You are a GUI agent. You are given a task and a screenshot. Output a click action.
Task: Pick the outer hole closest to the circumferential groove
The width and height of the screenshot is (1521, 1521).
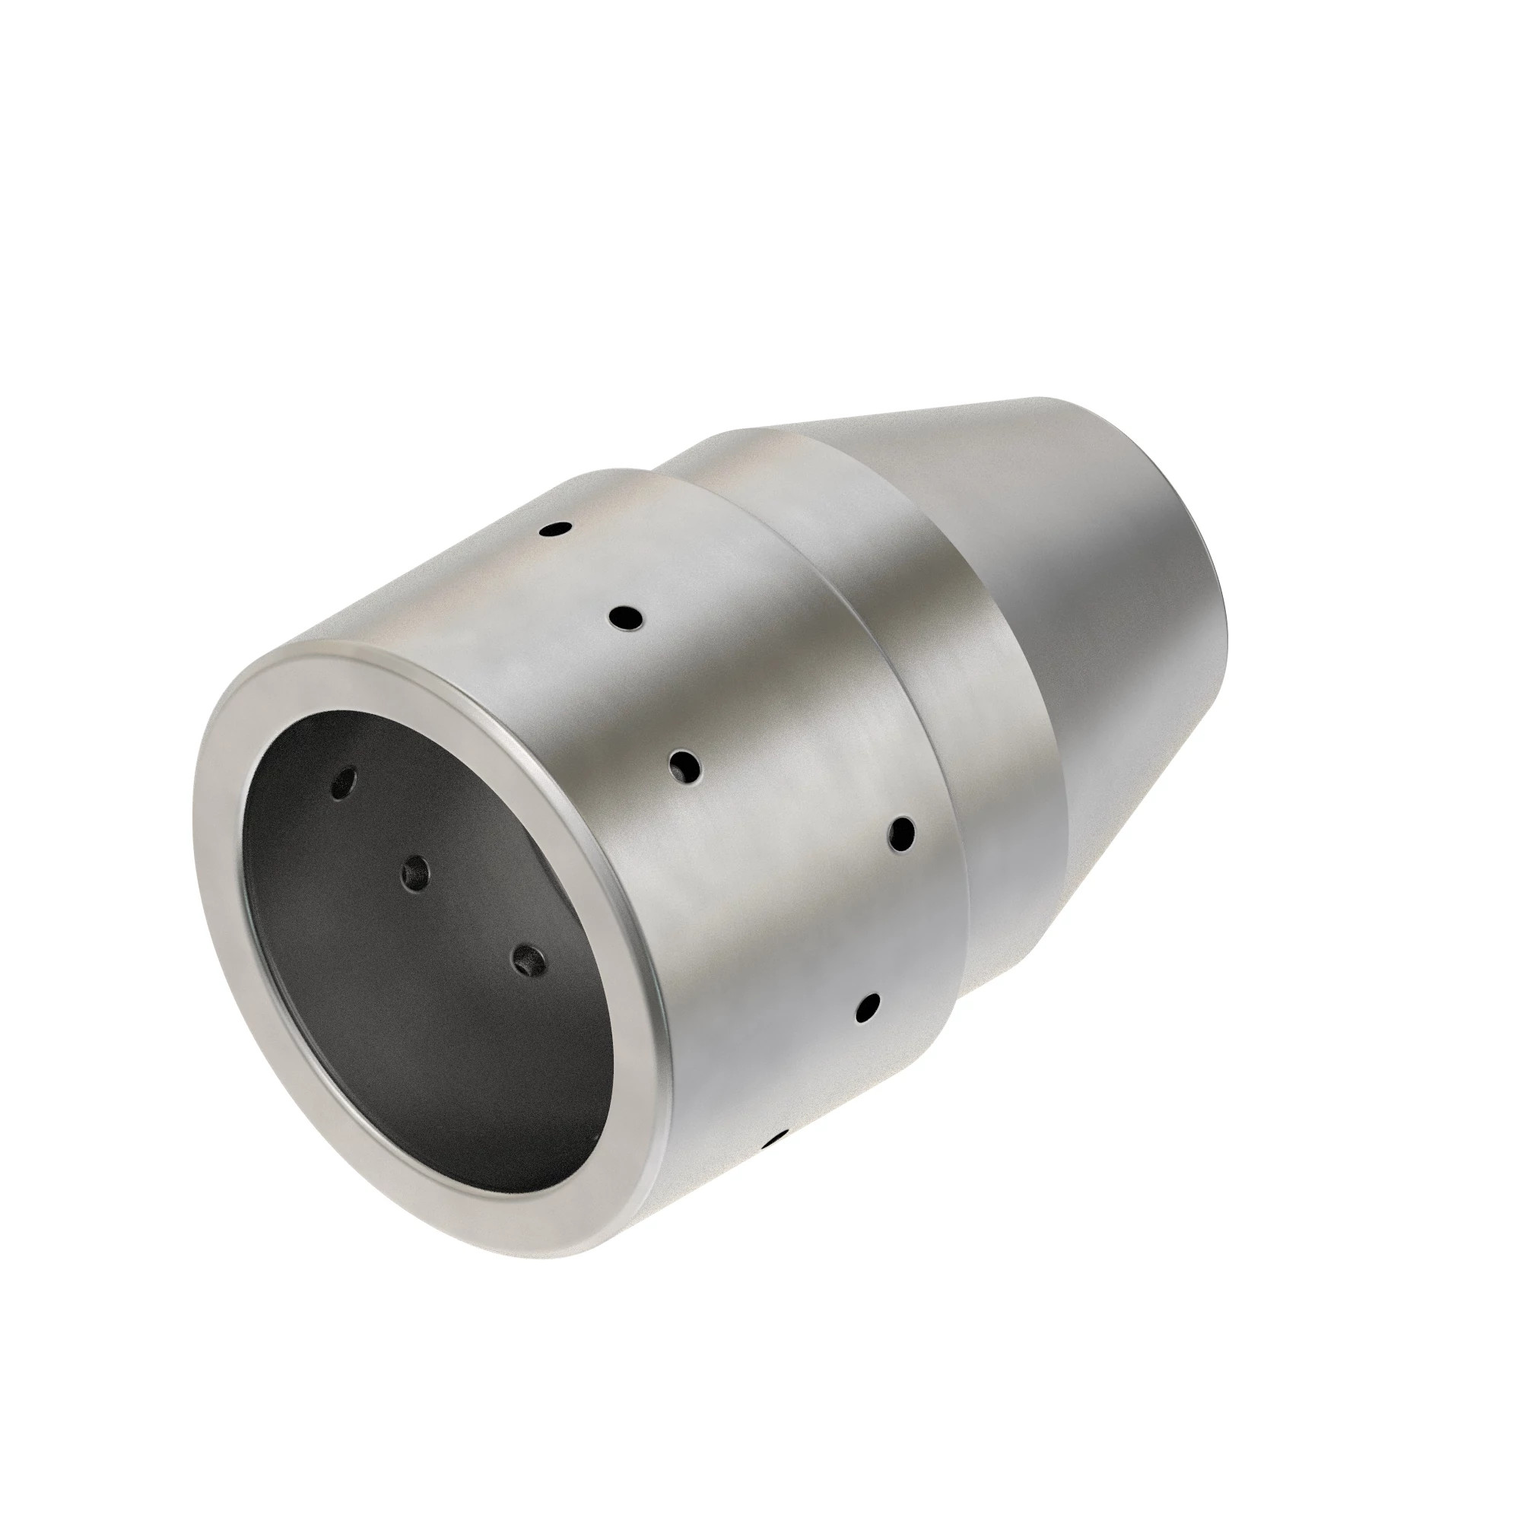(901, 834)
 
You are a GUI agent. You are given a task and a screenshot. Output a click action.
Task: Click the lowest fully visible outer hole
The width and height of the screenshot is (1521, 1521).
(868, 1008)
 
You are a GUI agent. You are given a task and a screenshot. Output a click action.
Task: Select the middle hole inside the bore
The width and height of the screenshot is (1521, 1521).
(415, 873)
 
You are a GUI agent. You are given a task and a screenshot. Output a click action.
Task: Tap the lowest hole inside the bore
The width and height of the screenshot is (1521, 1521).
(529, 961)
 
